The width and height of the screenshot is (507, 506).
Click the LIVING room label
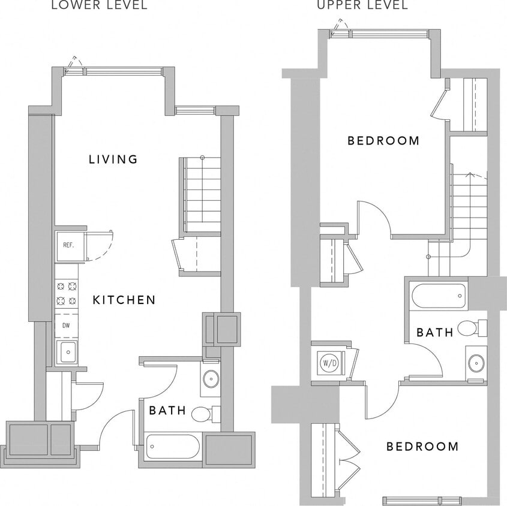coord(113,159)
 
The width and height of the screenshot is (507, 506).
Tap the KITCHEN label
coord(124,300)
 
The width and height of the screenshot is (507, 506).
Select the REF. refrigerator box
coord(68,245)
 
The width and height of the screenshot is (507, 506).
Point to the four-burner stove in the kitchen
coord(67,294)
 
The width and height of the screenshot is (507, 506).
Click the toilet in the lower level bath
coord(204,413)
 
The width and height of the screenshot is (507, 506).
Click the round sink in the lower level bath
coord(210,378)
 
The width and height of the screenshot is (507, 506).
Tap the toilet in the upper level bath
coord(472,328)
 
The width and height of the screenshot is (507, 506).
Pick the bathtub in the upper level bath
coord(439,296)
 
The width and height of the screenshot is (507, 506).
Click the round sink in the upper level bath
coord(476,363)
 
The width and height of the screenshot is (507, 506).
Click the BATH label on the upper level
coord(435,332)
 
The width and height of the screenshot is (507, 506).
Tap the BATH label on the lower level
coord(167,411)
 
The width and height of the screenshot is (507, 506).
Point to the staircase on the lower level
coord(202,195)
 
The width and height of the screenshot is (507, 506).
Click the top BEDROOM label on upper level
coord(383,141)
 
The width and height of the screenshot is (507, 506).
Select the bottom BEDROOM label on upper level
coord(422,447)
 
